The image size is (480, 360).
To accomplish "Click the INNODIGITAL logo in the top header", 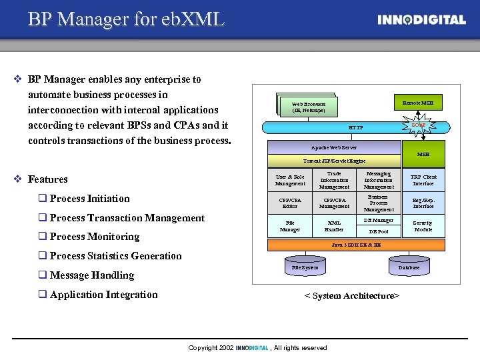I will [421, 20].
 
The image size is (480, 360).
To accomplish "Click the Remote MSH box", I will [418, 103].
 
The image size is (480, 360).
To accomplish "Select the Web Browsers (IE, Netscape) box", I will [309, 107].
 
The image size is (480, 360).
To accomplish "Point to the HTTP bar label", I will [356, 127].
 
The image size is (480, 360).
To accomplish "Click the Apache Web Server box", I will [334, 147].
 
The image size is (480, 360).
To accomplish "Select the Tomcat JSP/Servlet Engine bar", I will [334, 161].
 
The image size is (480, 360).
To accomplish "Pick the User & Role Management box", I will [290, 180].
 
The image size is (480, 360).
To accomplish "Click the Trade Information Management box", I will [334, 180].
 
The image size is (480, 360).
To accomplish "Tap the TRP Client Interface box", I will [423, 180].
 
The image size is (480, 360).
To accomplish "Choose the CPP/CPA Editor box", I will [290, 203].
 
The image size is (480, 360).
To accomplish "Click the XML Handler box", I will [334, 226].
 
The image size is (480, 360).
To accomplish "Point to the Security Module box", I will [423, 226].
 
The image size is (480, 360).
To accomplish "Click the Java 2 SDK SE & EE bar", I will [356, 245].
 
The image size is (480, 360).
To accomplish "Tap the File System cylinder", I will [305, 267].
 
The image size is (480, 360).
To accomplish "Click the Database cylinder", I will [409, 267].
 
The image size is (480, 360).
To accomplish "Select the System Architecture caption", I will [351, 296].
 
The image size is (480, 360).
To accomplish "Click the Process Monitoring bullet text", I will [94, 237].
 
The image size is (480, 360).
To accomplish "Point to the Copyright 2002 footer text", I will [257, 348].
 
